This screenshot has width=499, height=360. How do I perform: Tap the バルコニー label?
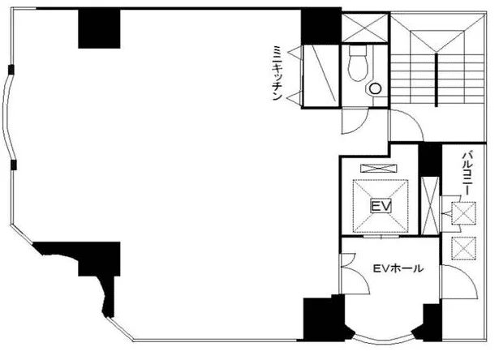(467, 174)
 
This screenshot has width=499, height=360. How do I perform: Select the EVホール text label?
(398, 268)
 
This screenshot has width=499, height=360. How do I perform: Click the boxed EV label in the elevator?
(381, 207)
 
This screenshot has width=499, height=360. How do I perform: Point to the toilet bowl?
(358, 63)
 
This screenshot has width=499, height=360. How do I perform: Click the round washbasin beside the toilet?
(376, 88)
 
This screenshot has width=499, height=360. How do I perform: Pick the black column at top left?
(99, 28)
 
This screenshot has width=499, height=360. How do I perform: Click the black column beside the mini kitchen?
(321, 27)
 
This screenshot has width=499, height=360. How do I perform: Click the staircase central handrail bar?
(437, 80)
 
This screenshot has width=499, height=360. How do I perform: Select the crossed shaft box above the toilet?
(365, 28)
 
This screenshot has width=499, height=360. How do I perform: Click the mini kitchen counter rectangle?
(320, 75)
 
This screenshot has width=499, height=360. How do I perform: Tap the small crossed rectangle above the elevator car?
(378, 168)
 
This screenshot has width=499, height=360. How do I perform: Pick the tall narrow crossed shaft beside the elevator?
(430, 205)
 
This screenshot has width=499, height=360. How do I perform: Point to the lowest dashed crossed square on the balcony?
(463, 249)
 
